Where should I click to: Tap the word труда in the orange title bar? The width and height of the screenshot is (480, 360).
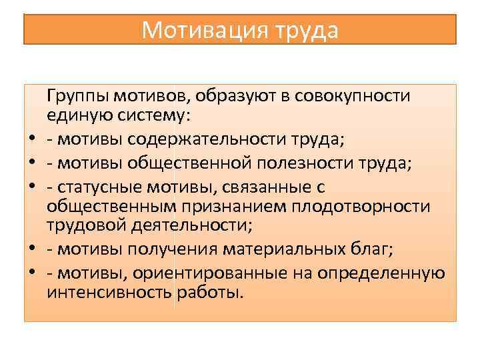point(305,30)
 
